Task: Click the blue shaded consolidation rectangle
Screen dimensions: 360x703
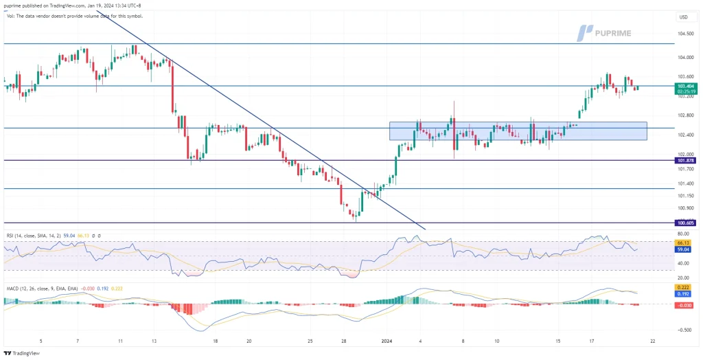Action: [x=518, y=131]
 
